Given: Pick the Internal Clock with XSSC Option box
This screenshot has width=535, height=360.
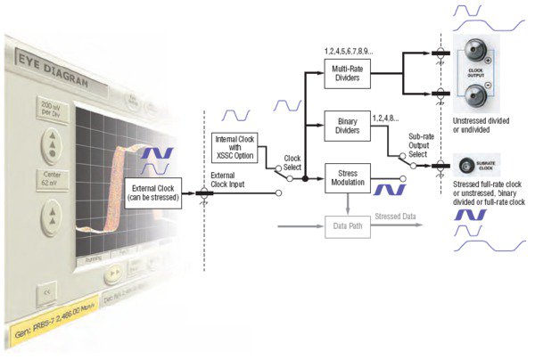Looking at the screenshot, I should coord(235,146).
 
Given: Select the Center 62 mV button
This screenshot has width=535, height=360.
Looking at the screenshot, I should coord(53,176).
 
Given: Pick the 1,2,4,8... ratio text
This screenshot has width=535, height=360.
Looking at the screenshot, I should coord(385,116).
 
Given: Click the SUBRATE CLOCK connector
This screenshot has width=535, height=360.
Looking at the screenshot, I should coord(465,166).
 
